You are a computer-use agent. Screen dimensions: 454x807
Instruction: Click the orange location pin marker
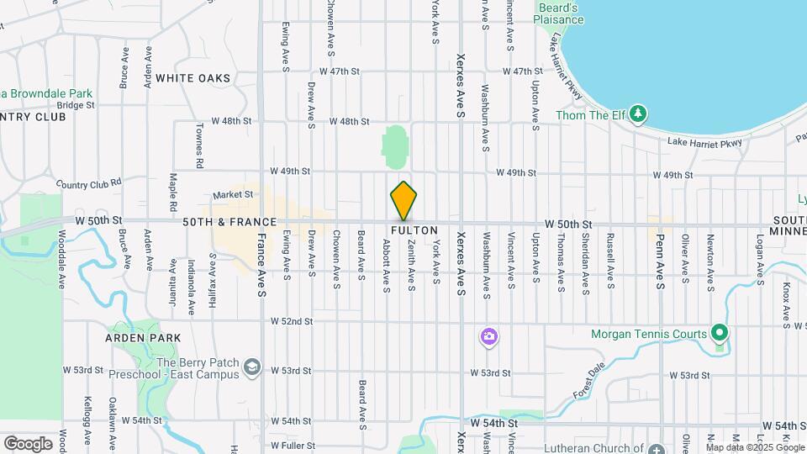pos(403,201)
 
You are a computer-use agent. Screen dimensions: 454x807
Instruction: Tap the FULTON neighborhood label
pos(414,230)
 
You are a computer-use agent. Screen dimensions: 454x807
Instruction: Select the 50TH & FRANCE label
pos(230,222)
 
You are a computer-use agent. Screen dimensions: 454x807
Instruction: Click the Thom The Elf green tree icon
pos(639,113)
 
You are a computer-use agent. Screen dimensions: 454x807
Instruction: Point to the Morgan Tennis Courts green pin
pos(719,334)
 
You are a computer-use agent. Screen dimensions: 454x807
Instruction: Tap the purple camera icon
pos(488,337)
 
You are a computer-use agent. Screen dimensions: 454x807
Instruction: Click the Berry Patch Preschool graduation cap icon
pos(251,367)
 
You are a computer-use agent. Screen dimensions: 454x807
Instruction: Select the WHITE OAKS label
pos(193,78)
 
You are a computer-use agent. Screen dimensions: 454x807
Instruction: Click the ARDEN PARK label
pos(143,337)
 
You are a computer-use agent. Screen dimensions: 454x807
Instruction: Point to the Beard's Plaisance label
pos(559,13)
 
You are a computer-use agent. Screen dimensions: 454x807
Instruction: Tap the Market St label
pos(233,195)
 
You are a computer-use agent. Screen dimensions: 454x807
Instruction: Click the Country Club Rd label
pos(89,182)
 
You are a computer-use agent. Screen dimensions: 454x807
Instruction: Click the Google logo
pos(28,443)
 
